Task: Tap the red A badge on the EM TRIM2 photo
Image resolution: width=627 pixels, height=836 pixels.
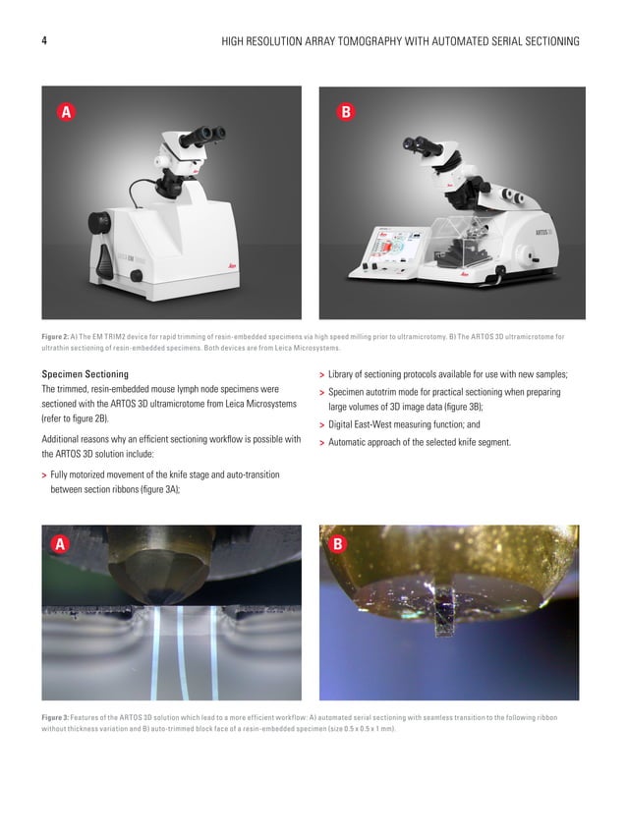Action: pyautogui.click(x=67, y=113)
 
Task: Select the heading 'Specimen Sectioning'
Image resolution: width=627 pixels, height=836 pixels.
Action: pyautogui.click(x=85, y=374)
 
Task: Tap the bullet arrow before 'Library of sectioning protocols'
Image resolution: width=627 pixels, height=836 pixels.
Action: pyautogui.click(x=323, y=375)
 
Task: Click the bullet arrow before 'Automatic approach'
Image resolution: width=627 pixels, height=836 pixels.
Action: pyautogui.click(x=323, y=443)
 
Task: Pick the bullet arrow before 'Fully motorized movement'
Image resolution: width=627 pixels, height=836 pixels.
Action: pyautogui.click(x=45, y=475)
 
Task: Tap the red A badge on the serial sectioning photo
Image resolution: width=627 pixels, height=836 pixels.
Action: pyautogui.click(x=61, y=543)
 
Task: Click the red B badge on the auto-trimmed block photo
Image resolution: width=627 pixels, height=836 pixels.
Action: pyautogui.click(x=337, y=543)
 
